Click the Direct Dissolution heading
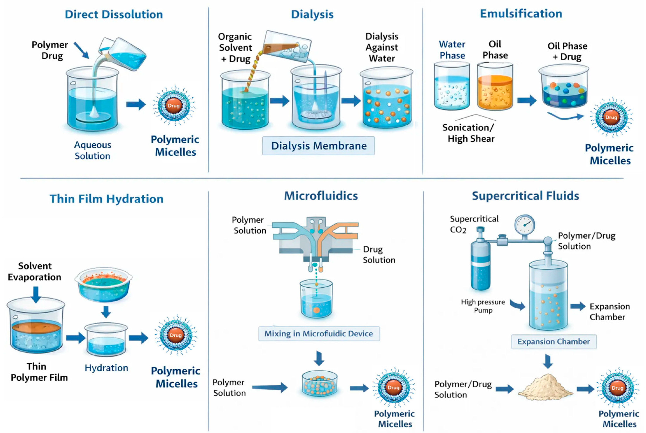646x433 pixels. tap(114, 14)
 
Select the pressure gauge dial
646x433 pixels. tap(525, 224)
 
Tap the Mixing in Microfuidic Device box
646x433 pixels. tap(319, 334)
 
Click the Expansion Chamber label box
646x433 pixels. tap(553, 342)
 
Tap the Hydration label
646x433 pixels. tap(106, 368)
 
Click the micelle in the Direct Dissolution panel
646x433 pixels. tap(174, 106)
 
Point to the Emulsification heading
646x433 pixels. tap(521, 14)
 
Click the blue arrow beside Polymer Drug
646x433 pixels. tap(81, 50)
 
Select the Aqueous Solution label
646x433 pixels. tap(93, 150)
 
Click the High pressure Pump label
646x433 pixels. tap(483, 306)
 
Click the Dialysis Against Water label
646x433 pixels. tap(382, 47)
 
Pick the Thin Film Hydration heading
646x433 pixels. tap(107, 199)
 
